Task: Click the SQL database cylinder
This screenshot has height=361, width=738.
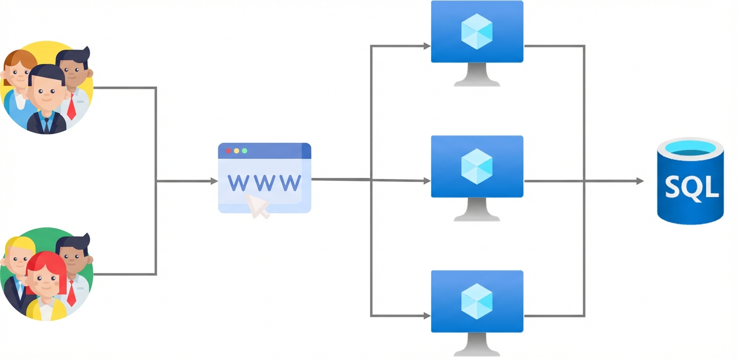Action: [x=690, y=182]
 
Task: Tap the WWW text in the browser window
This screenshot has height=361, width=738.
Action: [x=264, y=183]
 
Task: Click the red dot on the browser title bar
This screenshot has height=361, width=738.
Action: [x=229, y=150]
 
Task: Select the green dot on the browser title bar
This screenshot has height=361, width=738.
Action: [x=245, y=150]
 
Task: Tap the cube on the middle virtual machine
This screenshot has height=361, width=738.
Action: [x=477, y=166]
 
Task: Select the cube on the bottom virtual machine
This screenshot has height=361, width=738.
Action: [x=477, y=301]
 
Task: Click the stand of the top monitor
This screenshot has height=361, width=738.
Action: [x=477, y=76]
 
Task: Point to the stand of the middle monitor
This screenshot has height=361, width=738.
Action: [x=477, y=211]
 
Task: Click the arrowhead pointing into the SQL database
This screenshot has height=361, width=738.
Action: [x=640, y=181]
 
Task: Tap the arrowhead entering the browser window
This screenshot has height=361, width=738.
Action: [x=214, y=181]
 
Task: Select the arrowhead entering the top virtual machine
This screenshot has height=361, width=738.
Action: [x=427, y=46]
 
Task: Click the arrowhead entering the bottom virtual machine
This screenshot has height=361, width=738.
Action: [x=427, y=316]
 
